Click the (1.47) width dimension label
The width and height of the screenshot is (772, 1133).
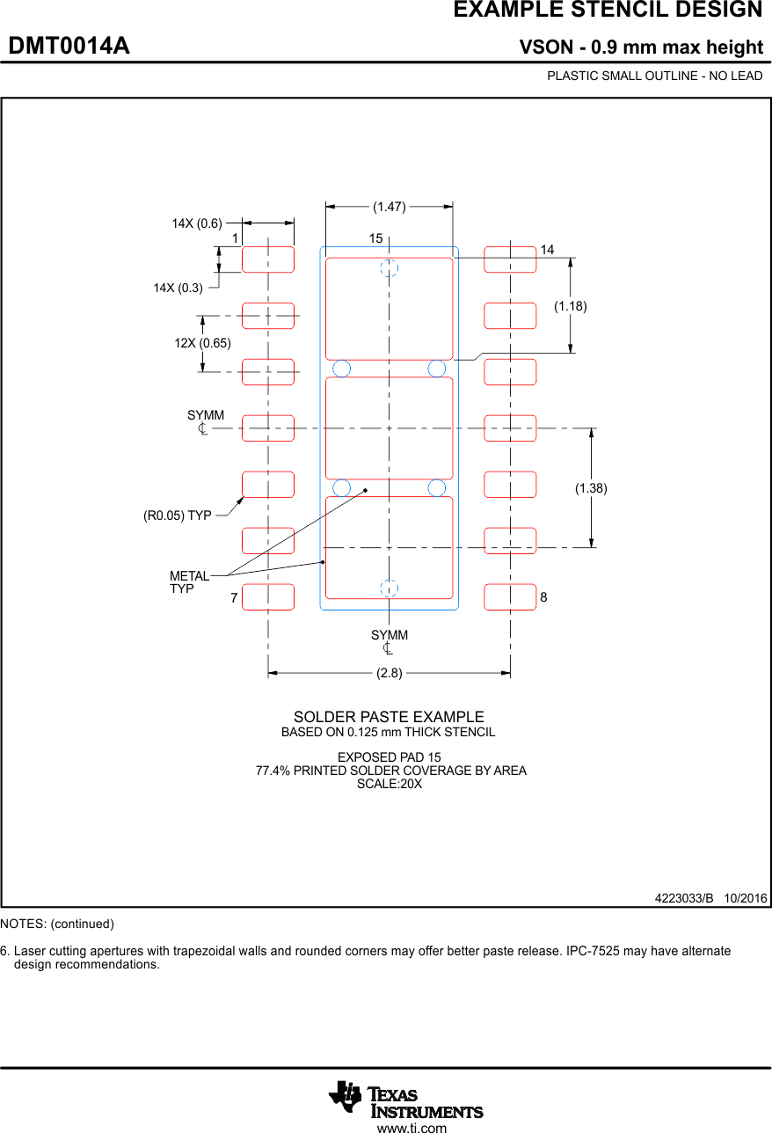389,207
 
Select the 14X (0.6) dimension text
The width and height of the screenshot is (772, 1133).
197,223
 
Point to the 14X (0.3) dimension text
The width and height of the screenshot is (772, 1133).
178,288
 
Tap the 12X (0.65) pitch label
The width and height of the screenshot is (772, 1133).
202,343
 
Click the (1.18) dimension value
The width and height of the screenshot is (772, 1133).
570,306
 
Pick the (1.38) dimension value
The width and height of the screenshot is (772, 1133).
591,487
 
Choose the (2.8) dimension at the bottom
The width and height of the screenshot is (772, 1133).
389,673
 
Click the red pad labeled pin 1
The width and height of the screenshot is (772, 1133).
268,259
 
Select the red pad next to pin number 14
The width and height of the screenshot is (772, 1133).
510,259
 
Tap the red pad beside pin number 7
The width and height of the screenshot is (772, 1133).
268,596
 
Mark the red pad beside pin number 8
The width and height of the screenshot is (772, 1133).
510,596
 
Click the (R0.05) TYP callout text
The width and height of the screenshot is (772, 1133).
178,515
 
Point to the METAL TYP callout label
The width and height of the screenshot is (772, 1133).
189,582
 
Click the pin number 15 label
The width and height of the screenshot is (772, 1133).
375,238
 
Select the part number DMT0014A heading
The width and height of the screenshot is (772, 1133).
69,46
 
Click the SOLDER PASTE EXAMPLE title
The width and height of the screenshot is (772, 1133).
389,717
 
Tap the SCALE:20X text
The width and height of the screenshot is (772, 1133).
389,784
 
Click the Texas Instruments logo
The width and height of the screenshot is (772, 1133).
405,1099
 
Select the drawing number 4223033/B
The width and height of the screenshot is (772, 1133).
684,898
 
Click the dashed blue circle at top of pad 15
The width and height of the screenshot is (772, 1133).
389,268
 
